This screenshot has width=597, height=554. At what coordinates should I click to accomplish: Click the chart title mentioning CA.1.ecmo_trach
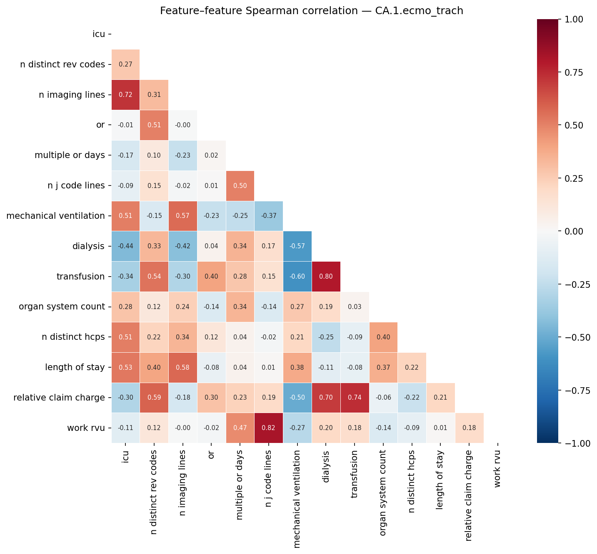coord(312,11)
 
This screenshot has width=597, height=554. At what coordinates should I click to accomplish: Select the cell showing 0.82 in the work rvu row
coord(269,428)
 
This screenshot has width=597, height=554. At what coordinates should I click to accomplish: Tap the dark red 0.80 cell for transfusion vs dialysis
coord(326,277)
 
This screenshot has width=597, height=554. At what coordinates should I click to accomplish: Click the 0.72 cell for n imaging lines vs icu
coord(125,95)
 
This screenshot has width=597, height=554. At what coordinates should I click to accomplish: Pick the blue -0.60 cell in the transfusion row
coord(297,277)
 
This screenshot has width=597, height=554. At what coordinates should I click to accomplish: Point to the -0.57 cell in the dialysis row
coord(297,246)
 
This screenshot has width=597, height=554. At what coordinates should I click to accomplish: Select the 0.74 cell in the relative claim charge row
coord(355,398)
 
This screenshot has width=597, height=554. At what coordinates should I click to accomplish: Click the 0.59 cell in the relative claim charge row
coord(154,398)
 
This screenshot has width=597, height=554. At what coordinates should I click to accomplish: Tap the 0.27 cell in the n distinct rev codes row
coord(125,64)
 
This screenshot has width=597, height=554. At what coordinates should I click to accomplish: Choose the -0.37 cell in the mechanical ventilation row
coord(269,216)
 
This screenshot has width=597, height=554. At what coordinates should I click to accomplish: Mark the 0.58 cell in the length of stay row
coord(183,367)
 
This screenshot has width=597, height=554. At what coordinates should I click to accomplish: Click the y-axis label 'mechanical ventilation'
coord(55,216)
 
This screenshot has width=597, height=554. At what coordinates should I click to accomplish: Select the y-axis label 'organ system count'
coord(62,307)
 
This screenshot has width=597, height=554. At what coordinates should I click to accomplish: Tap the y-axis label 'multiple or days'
coord(70,155)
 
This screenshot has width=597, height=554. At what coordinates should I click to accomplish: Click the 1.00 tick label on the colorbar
coord(575,19)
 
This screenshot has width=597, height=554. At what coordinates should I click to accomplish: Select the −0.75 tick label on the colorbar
coord(577,390)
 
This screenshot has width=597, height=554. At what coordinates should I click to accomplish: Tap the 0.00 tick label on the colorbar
coord(575,231)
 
